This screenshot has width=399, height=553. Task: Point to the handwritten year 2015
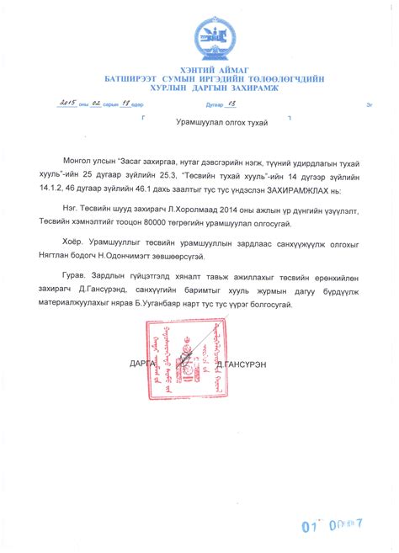coord(66,105)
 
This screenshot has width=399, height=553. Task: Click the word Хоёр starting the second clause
coord(84,238)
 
